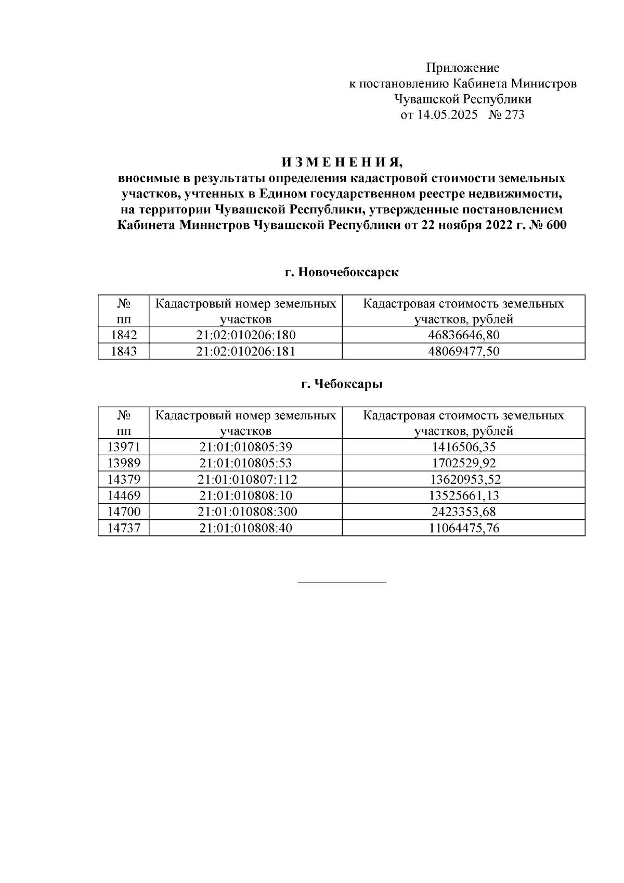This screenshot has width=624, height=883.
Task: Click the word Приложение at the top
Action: coord(462,68)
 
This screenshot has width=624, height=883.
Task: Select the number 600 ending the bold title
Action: coord(556,225)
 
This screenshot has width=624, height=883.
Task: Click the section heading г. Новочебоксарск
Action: coord(342,272)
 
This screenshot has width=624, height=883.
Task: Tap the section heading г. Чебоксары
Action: coord(342,385)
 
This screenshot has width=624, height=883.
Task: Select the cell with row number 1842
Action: coord(123,335)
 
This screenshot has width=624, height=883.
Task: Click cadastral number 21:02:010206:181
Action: coord(245,351)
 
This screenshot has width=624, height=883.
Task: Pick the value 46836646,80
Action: coord(463,335)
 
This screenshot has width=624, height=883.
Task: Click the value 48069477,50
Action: coord(463,351)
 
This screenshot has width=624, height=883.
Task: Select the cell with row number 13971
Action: coord(123,447)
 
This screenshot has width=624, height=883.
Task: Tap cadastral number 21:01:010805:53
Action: coord(245,463)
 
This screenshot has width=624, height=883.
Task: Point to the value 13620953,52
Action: coord(463,479)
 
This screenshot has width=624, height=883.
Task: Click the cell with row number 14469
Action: coord(123,495)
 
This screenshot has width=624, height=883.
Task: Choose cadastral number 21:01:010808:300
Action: coord(247,511)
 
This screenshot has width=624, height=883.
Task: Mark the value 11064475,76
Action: coord(463,528)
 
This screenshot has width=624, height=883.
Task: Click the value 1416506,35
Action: coord(463,447)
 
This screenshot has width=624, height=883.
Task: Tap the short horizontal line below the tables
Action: coord(342,582)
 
